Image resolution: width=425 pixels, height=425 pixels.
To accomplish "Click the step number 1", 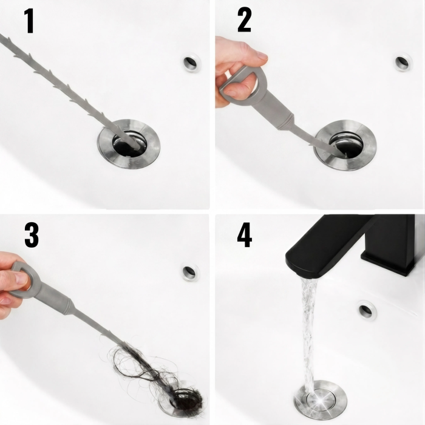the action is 29,21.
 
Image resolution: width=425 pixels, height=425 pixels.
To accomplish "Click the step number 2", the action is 245,19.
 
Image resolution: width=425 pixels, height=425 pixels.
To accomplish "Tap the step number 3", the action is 32,235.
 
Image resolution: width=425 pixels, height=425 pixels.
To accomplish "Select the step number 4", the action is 245,235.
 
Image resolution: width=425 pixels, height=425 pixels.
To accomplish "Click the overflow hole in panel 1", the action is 191,63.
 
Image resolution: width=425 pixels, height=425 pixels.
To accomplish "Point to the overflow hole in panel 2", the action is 403,62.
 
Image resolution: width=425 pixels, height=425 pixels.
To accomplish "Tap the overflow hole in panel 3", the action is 189,271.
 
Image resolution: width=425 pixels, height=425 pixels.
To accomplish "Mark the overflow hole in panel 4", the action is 367,310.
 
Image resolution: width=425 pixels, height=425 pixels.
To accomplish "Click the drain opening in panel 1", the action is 129,144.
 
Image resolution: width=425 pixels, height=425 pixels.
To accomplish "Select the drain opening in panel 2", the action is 346,145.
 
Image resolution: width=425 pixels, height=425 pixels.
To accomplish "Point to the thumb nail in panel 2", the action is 262,56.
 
